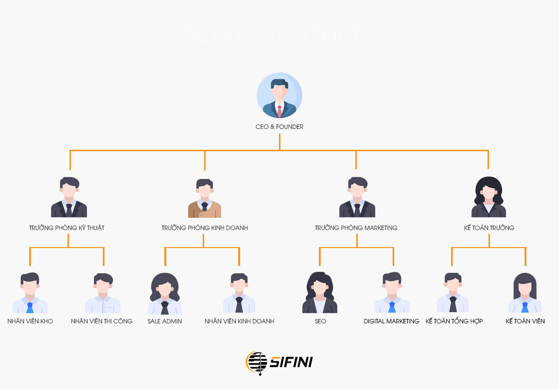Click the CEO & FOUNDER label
(x=279, y=127)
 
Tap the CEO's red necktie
(x=279, y=110)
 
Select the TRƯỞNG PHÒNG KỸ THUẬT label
(x=67, y=228)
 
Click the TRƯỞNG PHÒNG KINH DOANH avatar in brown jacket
(x=205, y=198)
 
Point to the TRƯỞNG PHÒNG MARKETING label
(x=356, y=228)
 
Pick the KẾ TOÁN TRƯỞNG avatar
(x=489, y=197)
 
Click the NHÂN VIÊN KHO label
(x=30, y=321)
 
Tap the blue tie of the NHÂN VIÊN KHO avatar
(x=30, y=307)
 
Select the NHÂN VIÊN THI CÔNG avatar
(x=103, y=293)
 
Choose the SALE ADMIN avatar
(x=165, y=294)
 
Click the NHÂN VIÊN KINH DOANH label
(x=239, y=321)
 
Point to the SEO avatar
(x=320, y=293)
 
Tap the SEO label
(x=320, y=321)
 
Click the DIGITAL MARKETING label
(x=391, y=321)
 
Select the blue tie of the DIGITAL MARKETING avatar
(x=392, y=307)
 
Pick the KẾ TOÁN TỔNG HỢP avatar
(x=453, y=293)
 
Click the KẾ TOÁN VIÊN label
(x=525, y=321)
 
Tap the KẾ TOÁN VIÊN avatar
(x=525, y=293)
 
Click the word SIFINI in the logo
(x=291, y=362)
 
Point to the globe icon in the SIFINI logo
(x=257, y=363)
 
